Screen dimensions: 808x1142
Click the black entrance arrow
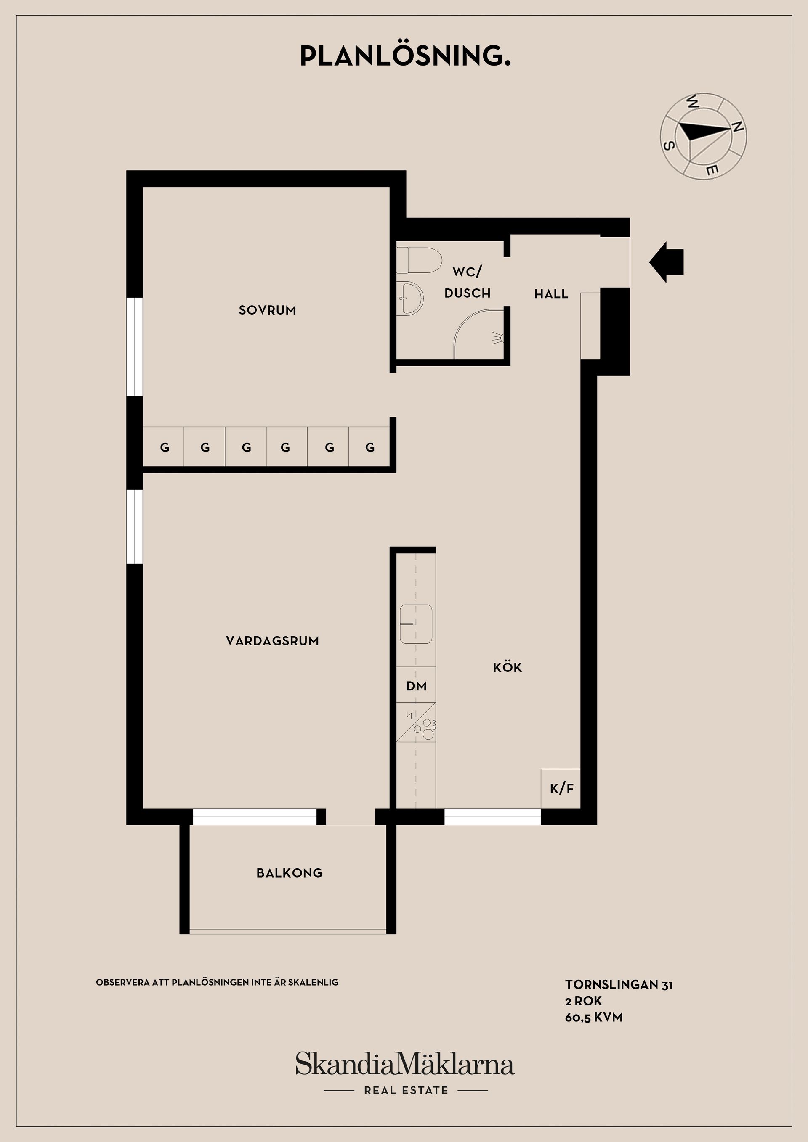pyautogui.click(x=666, y=262)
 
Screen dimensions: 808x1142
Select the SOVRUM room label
pyautogui.click(x=267, y=310)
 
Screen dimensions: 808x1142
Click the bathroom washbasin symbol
pyautogui.click(x=410, y=298)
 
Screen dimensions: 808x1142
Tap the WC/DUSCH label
pyautogui.click(x=468, y=282)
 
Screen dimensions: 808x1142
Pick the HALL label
pyautogui.click(x=551, y=294)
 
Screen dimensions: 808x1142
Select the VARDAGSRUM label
pyautogui.click(x=272, y=641)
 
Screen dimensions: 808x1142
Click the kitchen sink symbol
pyautogui.click(x=416, y=624)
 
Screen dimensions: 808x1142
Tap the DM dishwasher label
pyautogui.click(x=416, y=686)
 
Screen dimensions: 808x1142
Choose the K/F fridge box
pyautogui.click(x=561, y=788)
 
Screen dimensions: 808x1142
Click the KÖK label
pyautogui.click(x=507, y=667)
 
